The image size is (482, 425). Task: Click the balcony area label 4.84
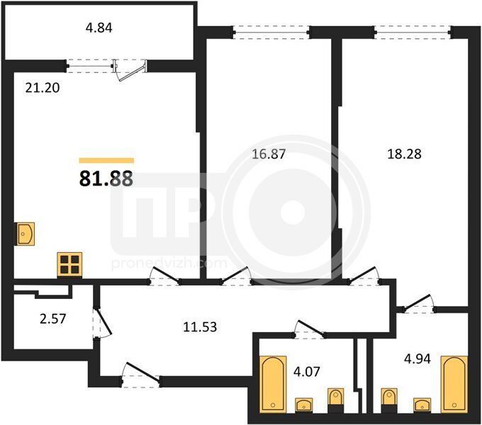99,28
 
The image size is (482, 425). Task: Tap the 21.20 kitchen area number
43,88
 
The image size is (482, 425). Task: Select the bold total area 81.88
106,178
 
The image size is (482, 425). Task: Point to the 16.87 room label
269,154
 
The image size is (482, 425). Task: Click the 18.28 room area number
404,154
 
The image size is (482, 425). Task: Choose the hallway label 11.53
200,327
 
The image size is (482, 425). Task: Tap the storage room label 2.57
53,319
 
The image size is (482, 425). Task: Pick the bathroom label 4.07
307,372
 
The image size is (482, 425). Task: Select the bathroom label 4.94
417,358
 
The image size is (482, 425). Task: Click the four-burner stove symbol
69,265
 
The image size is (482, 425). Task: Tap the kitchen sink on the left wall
26,234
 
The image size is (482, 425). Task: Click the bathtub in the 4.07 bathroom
273,384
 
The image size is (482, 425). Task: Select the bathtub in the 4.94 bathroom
454,384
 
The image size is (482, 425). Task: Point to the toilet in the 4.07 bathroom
336,400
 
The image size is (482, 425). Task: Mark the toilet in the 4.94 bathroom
389,400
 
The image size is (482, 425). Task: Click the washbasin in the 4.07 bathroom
304,405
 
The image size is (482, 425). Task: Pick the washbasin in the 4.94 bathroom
422,405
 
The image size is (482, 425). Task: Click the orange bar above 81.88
106,160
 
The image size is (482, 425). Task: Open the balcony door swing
130,72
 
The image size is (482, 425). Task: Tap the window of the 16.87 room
271,33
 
